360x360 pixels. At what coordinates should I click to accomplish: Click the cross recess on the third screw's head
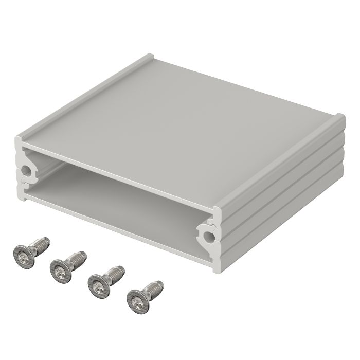[98, 282]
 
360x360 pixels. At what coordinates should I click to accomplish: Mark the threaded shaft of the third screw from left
[114, 272]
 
